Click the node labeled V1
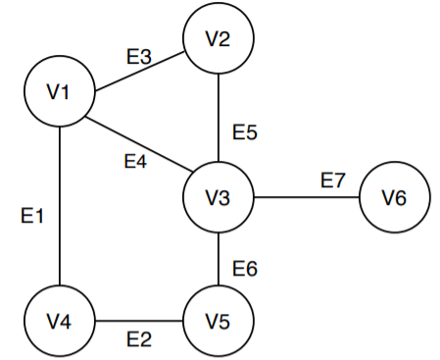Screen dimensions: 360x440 pos(60,92)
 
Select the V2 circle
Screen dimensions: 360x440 pos(219,40)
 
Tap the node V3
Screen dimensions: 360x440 pos(219,197)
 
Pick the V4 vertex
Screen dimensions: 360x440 pos(60,321)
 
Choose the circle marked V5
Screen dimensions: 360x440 pos(219,321)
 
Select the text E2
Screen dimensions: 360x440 pos(138,340)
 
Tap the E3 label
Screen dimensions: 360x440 pos(138,56)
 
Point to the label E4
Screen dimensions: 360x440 pos(135,161)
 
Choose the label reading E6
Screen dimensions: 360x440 pos(244,267)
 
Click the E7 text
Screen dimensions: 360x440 pos(333,180)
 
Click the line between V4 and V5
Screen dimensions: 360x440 pos(138,321)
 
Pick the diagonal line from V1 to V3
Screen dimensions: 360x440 pos(139,145)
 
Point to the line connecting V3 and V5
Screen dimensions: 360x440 pos(219,259)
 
